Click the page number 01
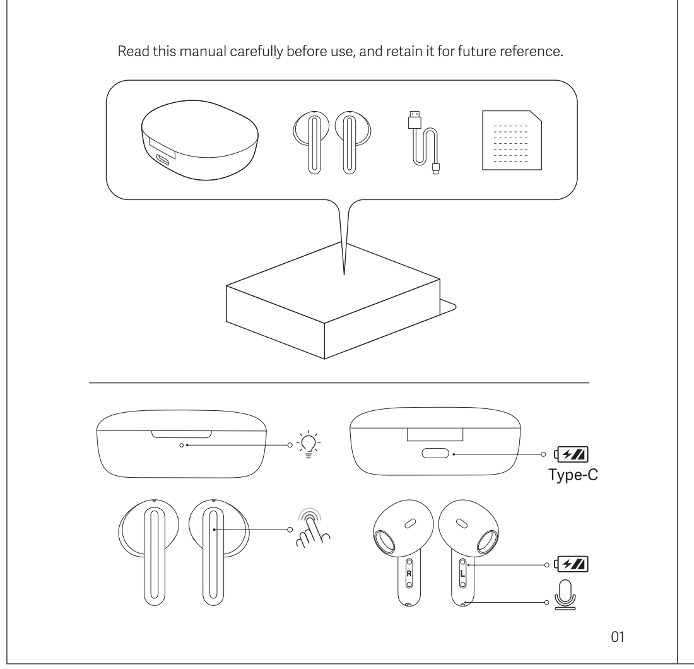pos(618,637)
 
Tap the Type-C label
pos(573,475)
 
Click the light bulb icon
pos(309,444)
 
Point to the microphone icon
pos(565,595)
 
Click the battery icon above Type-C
pos(571,454)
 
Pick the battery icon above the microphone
pos(572,564)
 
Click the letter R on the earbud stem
pos(409,573)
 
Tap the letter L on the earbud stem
pos(462,573)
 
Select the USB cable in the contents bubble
pos(423,142)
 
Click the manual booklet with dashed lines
pos(512,140)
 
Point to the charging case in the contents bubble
pos(199,140)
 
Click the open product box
pos(341,300)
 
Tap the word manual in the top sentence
pos(203,51)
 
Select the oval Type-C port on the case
pos(435,453)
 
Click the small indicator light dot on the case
pos(182,445)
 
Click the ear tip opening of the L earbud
pos(487,540)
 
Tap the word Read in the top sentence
pos(133,51)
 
